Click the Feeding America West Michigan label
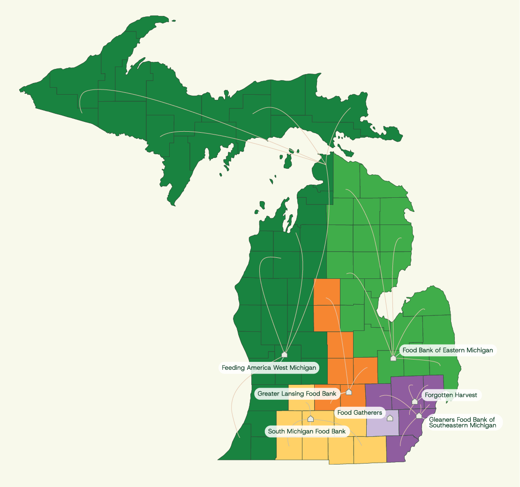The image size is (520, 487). tap(269, 368)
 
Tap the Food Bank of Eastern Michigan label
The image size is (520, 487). tap(448, 350)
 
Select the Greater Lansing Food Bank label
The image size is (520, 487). tap(297, 394)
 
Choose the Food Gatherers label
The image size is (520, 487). tap(360, 413)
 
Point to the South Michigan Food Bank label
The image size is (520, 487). tap(307, 431)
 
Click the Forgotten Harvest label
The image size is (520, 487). tap(451, 395)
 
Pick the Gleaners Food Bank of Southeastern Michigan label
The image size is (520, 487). tap(462, 422)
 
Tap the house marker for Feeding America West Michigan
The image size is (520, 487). tap(284, 354)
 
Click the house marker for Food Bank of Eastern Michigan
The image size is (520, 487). tap(393, 358)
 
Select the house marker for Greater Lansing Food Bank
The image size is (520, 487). tap(349, 392)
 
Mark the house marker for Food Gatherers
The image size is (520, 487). tap(390, 418)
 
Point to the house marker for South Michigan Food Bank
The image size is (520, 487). tap(310, 419)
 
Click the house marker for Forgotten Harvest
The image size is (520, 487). tap(414, 401)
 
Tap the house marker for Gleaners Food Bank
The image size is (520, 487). tap(419, 416)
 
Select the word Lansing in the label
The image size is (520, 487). tap(293, 394)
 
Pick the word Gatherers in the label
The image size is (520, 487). tap(368, 413)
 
